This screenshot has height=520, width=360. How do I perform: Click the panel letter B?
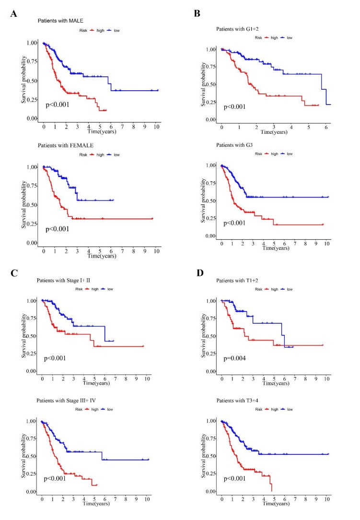(x=197, y=14)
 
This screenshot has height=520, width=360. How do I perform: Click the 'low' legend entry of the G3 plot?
(x=290, y=154)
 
